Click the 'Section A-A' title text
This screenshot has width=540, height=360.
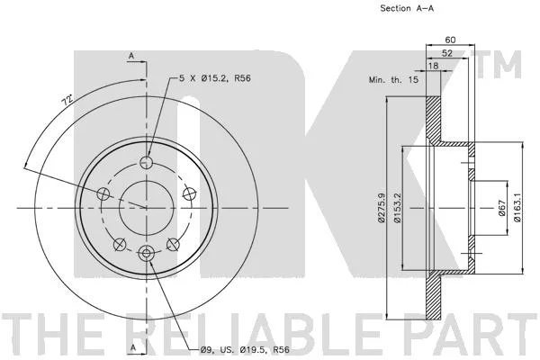(x=407, y=8)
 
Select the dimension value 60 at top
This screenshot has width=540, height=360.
(x=450, y=40)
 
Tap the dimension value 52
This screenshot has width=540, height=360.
(x=447, y=53)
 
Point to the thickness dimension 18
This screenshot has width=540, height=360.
(x=434, y=66)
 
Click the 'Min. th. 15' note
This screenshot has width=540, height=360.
(x=393, y=80)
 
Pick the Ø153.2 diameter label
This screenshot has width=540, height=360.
(x=398, y=208)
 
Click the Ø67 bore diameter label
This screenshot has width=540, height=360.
(x=501, y=208)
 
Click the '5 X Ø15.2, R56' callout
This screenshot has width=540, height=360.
(x=215, y=78)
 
